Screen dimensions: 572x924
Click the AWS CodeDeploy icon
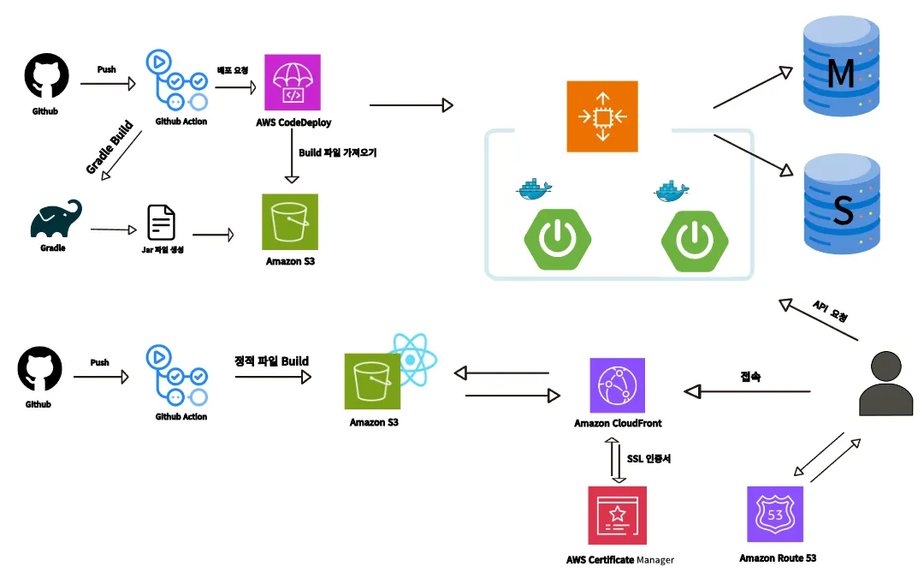click(x=293, y=83)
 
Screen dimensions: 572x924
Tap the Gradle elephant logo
click(x=56, y=219)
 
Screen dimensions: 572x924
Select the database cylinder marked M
click(x=840, y=72)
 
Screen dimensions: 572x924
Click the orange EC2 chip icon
click(x=602, y=116)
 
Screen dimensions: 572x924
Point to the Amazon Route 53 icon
click(x=776, y=515)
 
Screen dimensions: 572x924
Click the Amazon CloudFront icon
click(x=617, y=386)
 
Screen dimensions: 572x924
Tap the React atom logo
click(x=412, y=360)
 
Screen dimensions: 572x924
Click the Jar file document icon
click(x=162, y=223)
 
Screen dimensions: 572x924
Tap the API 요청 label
click(x=830, y=311)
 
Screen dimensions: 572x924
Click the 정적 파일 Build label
click(x=271, y=360)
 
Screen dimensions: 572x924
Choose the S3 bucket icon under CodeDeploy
click(x=289, y=222)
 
